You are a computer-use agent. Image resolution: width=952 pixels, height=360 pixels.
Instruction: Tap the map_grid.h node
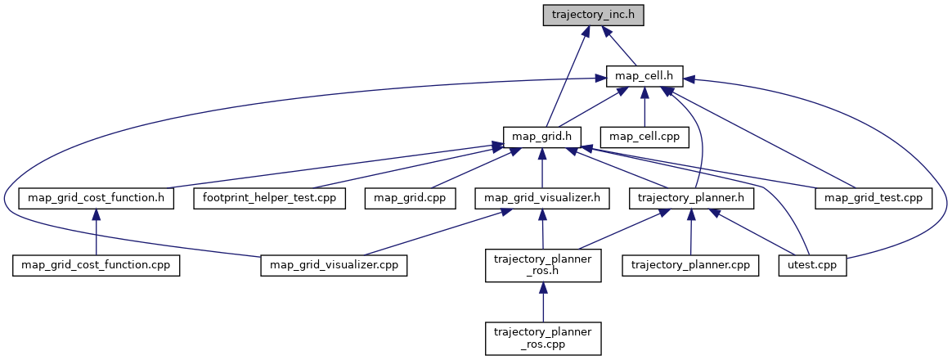point(541,136)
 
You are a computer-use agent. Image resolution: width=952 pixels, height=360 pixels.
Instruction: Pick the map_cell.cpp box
point(644,136)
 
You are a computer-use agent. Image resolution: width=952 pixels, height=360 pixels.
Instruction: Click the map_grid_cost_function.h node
point(97,197)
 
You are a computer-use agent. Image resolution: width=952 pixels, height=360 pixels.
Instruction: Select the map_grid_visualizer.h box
point(542,197)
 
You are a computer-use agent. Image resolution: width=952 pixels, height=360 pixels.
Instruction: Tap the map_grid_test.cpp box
point(873,197)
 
